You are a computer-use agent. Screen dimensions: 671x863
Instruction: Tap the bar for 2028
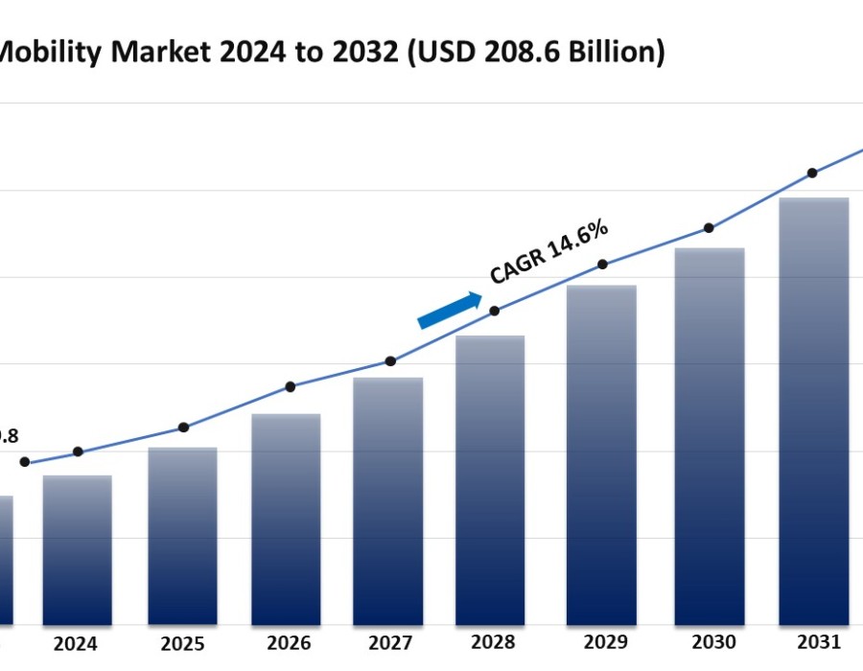[x=490, y=479]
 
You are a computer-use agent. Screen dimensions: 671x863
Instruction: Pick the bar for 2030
[x=710, y=436]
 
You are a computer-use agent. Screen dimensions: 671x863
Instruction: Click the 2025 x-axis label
[x=182, y=644]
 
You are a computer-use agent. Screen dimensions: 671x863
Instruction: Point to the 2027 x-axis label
[x=390, y=643]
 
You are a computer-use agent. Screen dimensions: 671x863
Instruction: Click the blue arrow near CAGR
[x=450, y=311]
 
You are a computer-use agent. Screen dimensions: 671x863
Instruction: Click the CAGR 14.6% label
[x=548, y=251]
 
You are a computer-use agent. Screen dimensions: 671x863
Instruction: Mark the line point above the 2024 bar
[x=78, y=451]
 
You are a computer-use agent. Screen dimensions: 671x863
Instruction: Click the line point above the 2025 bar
[x=183, y=428]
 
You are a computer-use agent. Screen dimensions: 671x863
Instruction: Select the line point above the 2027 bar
[x=390, y=361]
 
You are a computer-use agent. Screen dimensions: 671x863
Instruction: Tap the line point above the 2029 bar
[x=602, y=265]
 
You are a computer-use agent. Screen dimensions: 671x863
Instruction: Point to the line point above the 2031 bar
[x=812, y=174]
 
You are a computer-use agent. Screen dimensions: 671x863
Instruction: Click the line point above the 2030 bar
[x=709, y=228]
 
